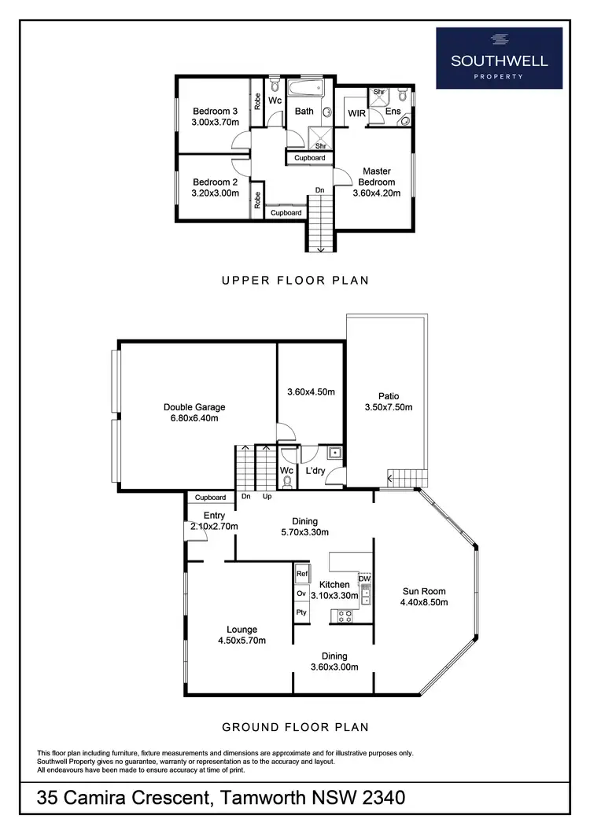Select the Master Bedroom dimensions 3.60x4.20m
[x=377, y=193]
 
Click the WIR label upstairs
[x=358, y=113]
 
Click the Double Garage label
[x=194, y=407]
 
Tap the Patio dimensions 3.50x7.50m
[x=389, y=407]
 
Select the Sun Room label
[x=424, y=592]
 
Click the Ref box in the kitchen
[x=301, y=575]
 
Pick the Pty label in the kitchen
[x=301, y=612]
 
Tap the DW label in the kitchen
[x=364, y=579]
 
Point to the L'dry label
[x=316, y=470]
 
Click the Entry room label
[x=203, y=516]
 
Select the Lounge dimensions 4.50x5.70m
[x=242, y=641]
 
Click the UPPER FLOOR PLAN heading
[x=294, y=280]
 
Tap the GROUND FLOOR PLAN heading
[x=294, y=727]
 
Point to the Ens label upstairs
[x=393, y=112]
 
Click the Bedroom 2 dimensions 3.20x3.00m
[x=216, y=193]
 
